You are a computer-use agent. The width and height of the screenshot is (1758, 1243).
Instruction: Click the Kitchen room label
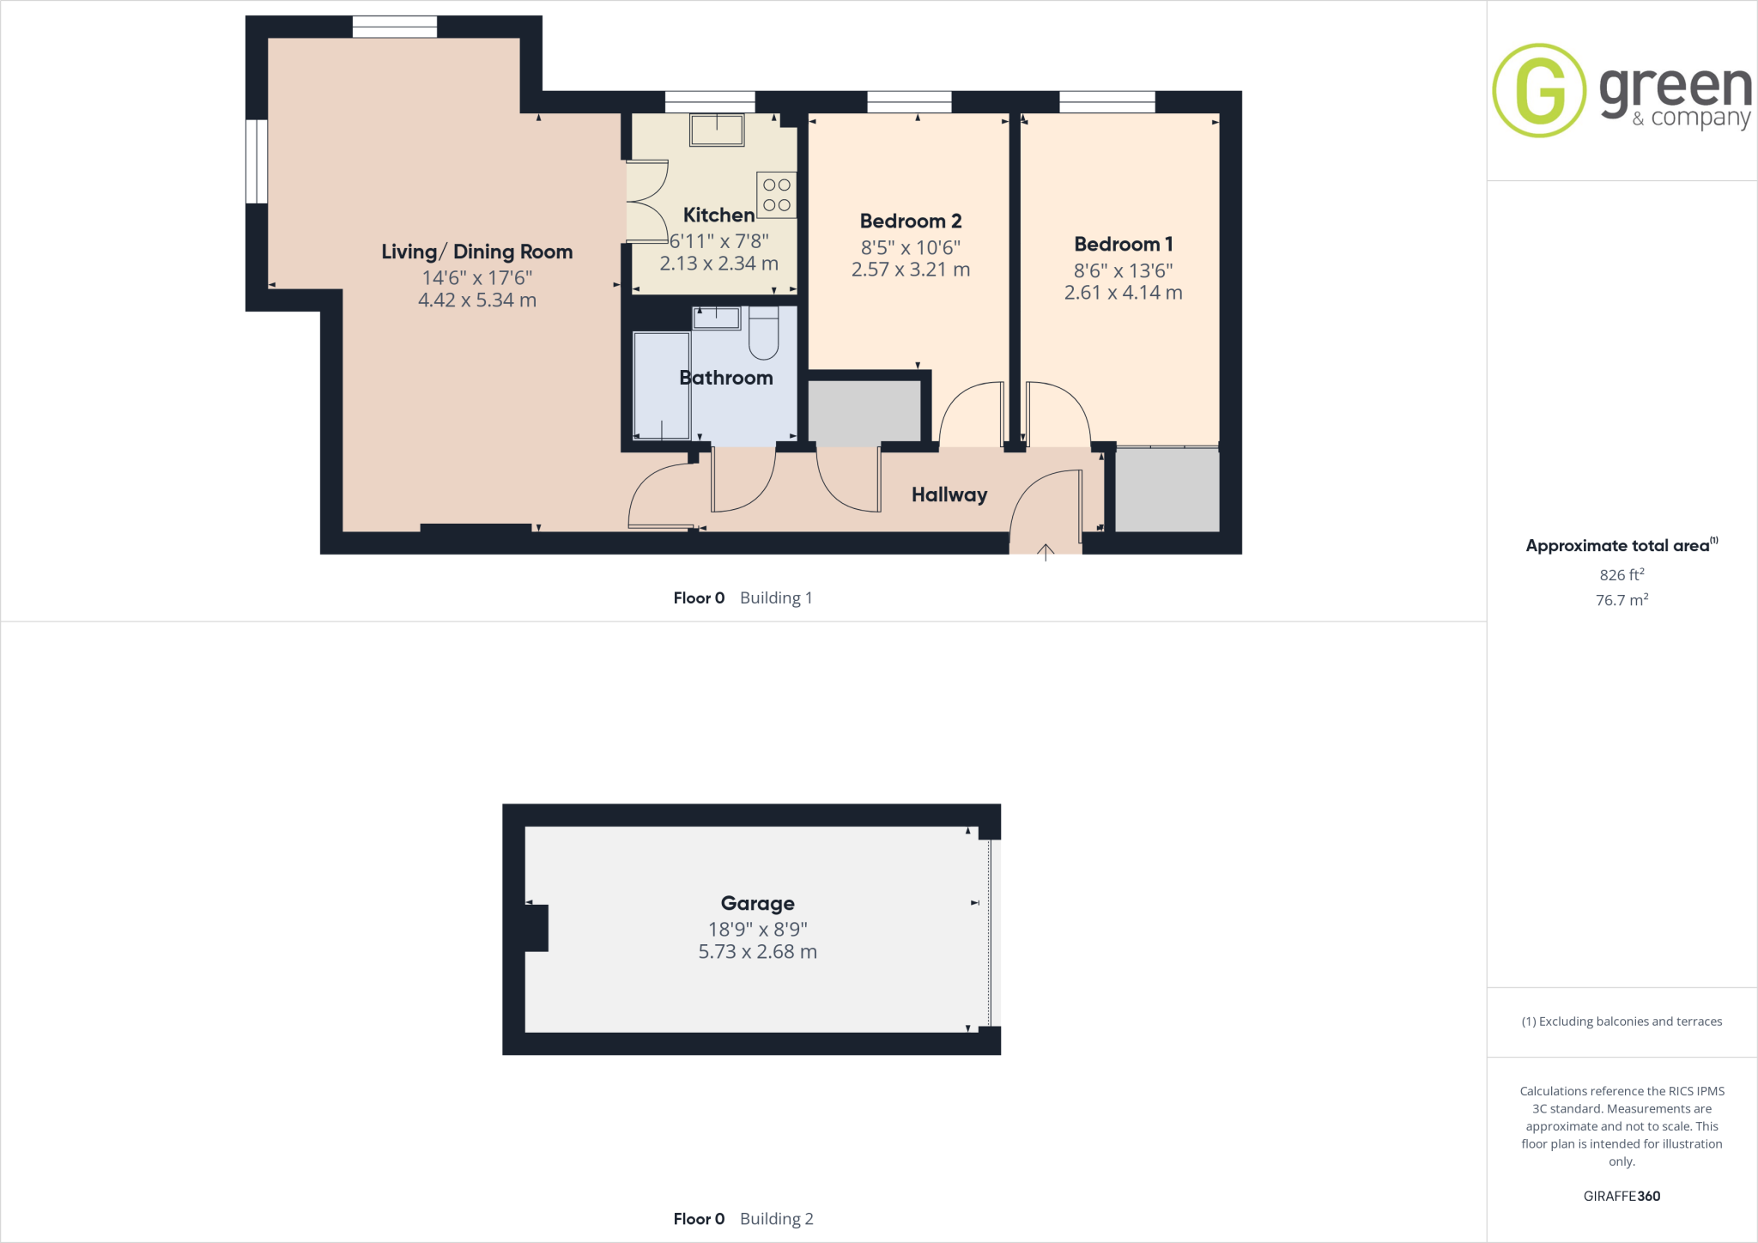coord(718,215)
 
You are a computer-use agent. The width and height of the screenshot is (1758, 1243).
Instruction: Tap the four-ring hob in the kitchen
coord(776,195)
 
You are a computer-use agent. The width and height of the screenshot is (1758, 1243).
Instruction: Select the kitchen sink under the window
coord(717,130)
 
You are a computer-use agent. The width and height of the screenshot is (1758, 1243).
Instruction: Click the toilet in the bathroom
coord(763,333)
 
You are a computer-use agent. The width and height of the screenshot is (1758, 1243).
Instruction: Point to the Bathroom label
coord(725,378)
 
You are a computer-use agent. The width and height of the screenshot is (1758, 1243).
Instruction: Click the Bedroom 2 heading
coord(910,221)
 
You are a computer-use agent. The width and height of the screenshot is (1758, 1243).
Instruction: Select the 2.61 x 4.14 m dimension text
coord(1123,293)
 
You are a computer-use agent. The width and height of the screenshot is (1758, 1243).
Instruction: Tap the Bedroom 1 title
coord(1123,245)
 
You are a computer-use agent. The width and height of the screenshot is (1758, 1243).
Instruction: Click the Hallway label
coord(949,494)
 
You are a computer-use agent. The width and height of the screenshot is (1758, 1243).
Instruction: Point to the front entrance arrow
coord(1046,551)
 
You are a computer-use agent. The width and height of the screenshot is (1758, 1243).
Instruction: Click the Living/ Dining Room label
coord(476,252)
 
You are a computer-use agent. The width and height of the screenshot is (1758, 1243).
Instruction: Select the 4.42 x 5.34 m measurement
coord(476,300)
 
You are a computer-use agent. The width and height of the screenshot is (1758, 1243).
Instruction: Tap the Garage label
coord(757,903)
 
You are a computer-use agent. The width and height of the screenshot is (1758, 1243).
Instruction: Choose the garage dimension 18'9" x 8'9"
coord(757,929)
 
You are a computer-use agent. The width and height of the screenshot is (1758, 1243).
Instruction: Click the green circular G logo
coord(1539,90)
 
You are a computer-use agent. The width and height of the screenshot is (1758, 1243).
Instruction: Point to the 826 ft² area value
coord(1622,574)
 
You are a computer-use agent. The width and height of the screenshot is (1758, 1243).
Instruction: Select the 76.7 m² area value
coord(1622,600)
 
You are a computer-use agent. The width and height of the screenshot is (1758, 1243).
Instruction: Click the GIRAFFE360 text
coord(1622,1196)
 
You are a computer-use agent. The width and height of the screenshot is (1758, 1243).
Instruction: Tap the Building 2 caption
coord(776,1219)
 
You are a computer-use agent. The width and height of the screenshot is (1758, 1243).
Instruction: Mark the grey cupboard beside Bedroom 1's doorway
coord(1167,490)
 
